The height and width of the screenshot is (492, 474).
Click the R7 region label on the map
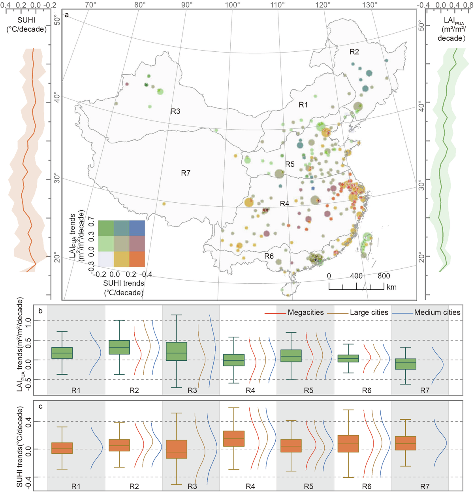(186, 173)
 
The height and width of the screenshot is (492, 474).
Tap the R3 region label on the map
(175, 111)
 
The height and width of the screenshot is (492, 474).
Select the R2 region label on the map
(354, 52)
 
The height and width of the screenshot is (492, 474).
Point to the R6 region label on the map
(269, 256)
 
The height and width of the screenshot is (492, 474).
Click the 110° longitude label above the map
(278, 5)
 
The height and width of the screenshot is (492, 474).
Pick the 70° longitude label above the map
(90, 5)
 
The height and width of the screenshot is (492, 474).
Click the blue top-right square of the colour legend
(137, 228)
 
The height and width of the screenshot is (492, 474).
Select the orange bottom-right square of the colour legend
(137, 259)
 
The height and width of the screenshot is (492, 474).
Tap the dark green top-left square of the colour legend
(106, 228)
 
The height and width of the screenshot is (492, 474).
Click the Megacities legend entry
(305, 313)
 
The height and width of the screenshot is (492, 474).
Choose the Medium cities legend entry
(437, 313)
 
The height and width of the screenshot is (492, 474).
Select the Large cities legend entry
(369, 313)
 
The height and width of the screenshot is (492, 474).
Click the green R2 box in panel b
(119, 347)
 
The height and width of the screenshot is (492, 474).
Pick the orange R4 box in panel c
(234, 439)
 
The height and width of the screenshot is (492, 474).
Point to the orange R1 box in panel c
(62, 448)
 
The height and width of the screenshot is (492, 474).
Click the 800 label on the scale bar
(383, 276)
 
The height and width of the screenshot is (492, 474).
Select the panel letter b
(41, 311)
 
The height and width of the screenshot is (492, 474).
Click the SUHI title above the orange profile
(26, 20)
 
